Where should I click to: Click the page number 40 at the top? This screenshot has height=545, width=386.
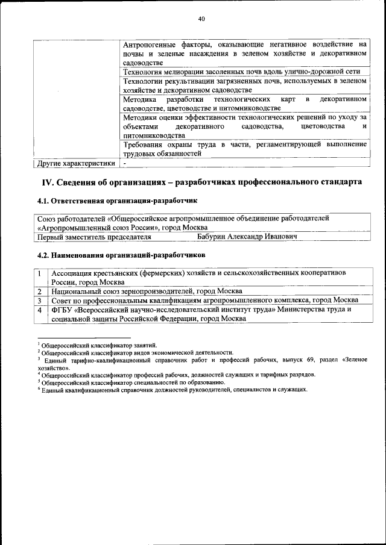[201, 19]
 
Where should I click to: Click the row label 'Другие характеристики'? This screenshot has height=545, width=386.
[76, 163]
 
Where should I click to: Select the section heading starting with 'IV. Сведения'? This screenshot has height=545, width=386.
[201, 182]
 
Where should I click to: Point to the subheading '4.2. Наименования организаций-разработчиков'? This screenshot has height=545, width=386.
[121, 255]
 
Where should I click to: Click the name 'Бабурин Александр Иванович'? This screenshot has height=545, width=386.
[247, 237]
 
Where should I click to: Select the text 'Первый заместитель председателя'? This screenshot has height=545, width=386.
[94, 237]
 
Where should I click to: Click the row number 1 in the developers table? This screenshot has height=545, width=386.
[39, 273]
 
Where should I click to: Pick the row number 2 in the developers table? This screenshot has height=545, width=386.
[39, 291]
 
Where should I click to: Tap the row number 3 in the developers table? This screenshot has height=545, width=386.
[39, 300]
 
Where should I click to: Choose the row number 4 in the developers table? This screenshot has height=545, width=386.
[39, 309]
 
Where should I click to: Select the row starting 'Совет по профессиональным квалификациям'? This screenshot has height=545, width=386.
[204, 300]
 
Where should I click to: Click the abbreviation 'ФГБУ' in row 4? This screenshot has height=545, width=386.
[62, 309]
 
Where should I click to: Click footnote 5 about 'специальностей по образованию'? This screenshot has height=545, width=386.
[133, 382]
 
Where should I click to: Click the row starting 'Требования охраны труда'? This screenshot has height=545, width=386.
[244, 149]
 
